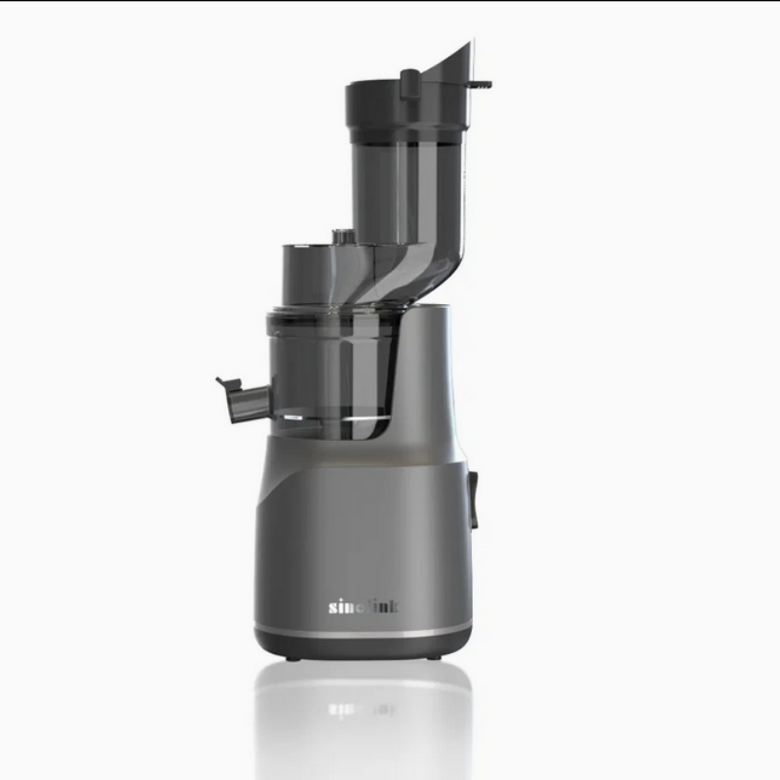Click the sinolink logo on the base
click(x=363, y=606)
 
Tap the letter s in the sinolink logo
click(x=332, y=607)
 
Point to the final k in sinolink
click(x=393, y=606)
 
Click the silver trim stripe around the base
click(x=363, y=632)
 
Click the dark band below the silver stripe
click(x=363, y=645)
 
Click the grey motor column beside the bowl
click(x=429, y=380)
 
